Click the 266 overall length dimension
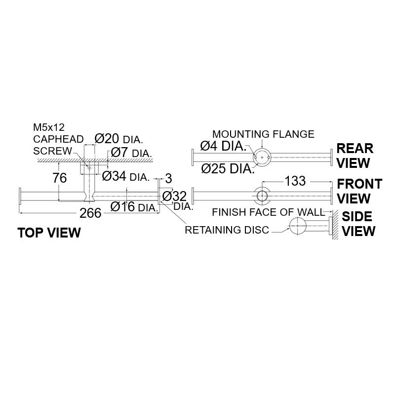90,213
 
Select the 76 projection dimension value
60,178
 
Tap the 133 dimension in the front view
295,181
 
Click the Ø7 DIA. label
131,153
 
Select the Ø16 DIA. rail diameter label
134,207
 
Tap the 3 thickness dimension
168,178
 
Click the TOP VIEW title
49,233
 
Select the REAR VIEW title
355,155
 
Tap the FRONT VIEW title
359,191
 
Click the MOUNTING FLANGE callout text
263,134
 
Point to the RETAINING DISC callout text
227,229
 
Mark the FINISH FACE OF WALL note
268,212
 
